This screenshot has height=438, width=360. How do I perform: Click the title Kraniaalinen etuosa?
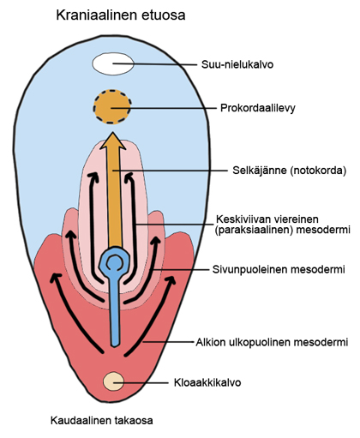121,15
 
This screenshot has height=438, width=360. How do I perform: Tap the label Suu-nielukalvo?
237,64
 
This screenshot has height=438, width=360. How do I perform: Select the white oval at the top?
113,64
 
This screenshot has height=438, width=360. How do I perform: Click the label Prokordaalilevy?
257,108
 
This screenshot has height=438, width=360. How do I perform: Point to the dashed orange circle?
112,107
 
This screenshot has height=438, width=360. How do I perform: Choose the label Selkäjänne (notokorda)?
289,171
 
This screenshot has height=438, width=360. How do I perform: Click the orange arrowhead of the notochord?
113,141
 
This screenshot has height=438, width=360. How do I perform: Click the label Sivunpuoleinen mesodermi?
279,269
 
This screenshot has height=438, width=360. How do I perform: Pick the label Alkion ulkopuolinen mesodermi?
272,342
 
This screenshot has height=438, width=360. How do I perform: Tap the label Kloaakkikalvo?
207,382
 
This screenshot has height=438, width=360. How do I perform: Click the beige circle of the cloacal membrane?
113,381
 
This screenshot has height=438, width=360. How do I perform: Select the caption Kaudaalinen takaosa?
102,421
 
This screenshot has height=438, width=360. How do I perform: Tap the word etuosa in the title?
164,15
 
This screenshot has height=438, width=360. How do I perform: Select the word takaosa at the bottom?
134,421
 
